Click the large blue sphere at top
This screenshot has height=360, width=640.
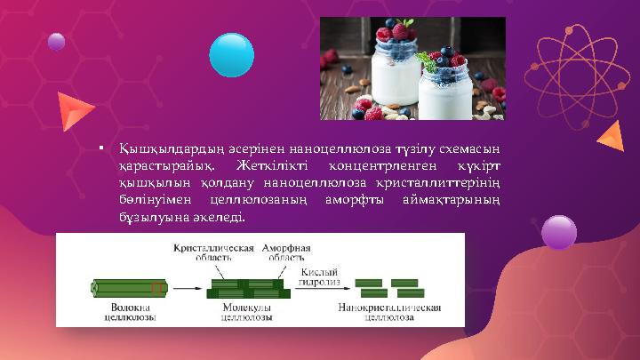coord(231,54)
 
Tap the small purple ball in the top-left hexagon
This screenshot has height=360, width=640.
coord(56,41)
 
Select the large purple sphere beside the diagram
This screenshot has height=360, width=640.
coord(559,232)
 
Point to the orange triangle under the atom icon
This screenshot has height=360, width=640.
coord(611,136)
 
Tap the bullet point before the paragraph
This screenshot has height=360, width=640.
coord(103,148)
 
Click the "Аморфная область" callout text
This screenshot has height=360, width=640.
coord(286,252)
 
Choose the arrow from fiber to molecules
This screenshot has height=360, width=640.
coord(186,288)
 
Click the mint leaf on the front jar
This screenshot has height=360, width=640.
coord(435,58)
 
